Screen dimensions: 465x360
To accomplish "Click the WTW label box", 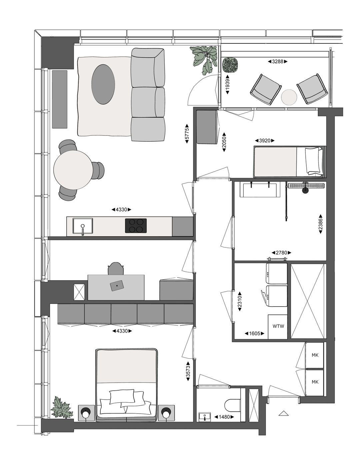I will pos(278,326).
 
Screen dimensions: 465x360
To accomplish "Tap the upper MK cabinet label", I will pos(315,355).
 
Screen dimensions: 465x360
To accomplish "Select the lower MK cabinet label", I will pos(315,382).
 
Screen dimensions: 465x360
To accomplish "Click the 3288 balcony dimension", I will pos(278,61).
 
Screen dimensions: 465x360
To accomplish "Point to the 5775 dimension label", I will pos(187,134).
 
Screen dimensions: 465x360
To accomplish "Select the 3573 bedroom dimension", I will pos(188,371).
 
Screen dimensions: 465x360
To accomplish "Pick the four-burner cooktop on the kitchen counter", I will pos(136,225).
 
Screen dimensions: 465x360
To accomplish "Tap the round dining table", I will pos(73,169).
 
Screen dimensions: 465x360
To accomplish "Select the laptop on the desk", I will pos(117,286).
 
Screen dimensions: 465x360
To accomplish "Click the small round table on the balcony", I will pos(289,97).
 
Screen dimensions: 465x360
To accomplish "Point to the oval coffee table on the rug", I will pos(103,84).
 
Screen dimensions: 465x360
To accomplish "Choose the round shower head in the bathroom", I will pos(305,190).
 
